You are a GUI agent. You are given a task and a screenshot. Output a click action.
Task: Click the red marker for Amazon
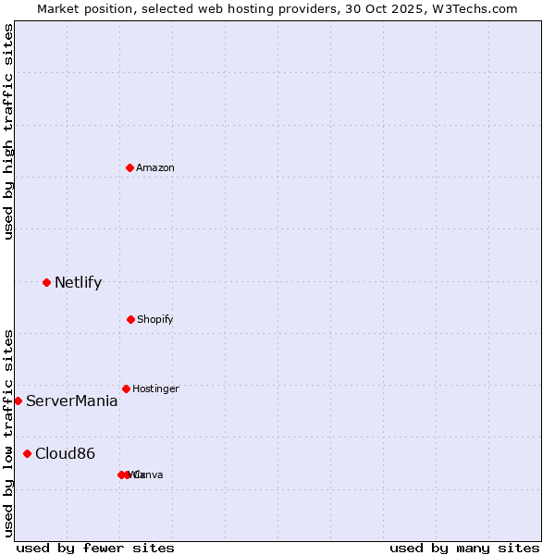(x=129, y=167)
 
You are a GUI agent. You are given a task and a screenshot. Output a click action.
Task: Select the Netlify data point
(x=46, y=282)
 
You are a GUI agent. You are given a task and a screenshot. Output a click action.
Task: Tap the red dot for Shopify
(x=130, y=319)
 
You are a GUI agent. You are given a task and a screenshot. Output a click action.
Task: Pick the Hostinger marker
(x=126, y=388)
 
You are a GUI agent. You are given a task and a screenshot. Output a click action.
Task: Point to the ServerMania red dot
(x=18, y=401)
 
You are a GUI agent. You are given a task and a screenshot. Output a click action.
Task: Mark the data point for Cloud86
(x=27, y=453)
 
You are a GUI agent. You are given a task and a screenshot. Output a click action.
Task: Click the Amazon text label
(x=155, y=167)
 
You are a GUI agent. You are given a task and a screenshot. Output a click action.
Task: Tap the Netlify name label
(x=78, y=282)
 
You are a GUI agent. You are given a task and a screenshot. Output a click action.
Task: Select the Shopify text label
(x=155, y=319)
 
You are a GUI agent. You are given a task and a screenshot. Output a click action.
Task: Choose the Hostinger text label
(x=155, y=388)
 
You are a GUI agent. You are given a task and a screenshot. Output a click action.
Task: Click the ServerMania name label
(x=71, y=401)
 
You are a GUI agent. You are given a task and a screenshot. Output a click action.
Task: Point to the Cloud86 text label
(x=65, y=453)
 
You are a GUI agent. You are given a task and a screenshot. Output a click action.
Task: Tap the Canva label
(x=149, y=475)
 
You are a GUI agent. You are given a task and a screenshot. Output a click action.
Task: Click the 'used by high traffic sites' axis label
(x=8, y=131)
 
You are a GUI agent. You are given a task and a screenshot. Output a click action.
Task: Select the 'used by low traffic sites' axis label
(x=8, y=433)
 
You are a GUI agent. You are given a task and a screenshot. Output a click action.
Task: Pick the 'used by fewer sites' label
(x=95, y=548)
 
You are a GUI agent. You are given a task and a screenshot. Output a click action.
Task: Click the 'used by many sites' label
(x=464, y=548)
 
